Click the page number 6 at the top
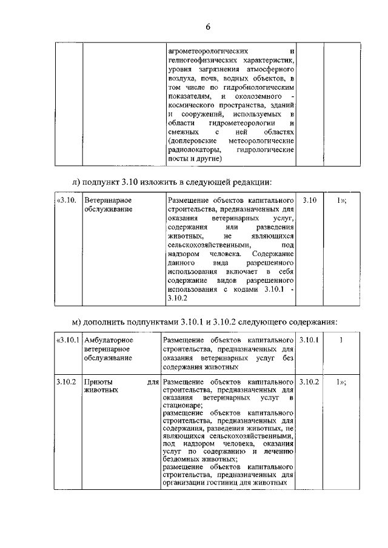click(x=207, y=27)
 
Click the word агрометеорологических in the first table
click(x=207, y=51)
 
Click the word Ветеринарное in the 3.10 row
click(x=108, y=200)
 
